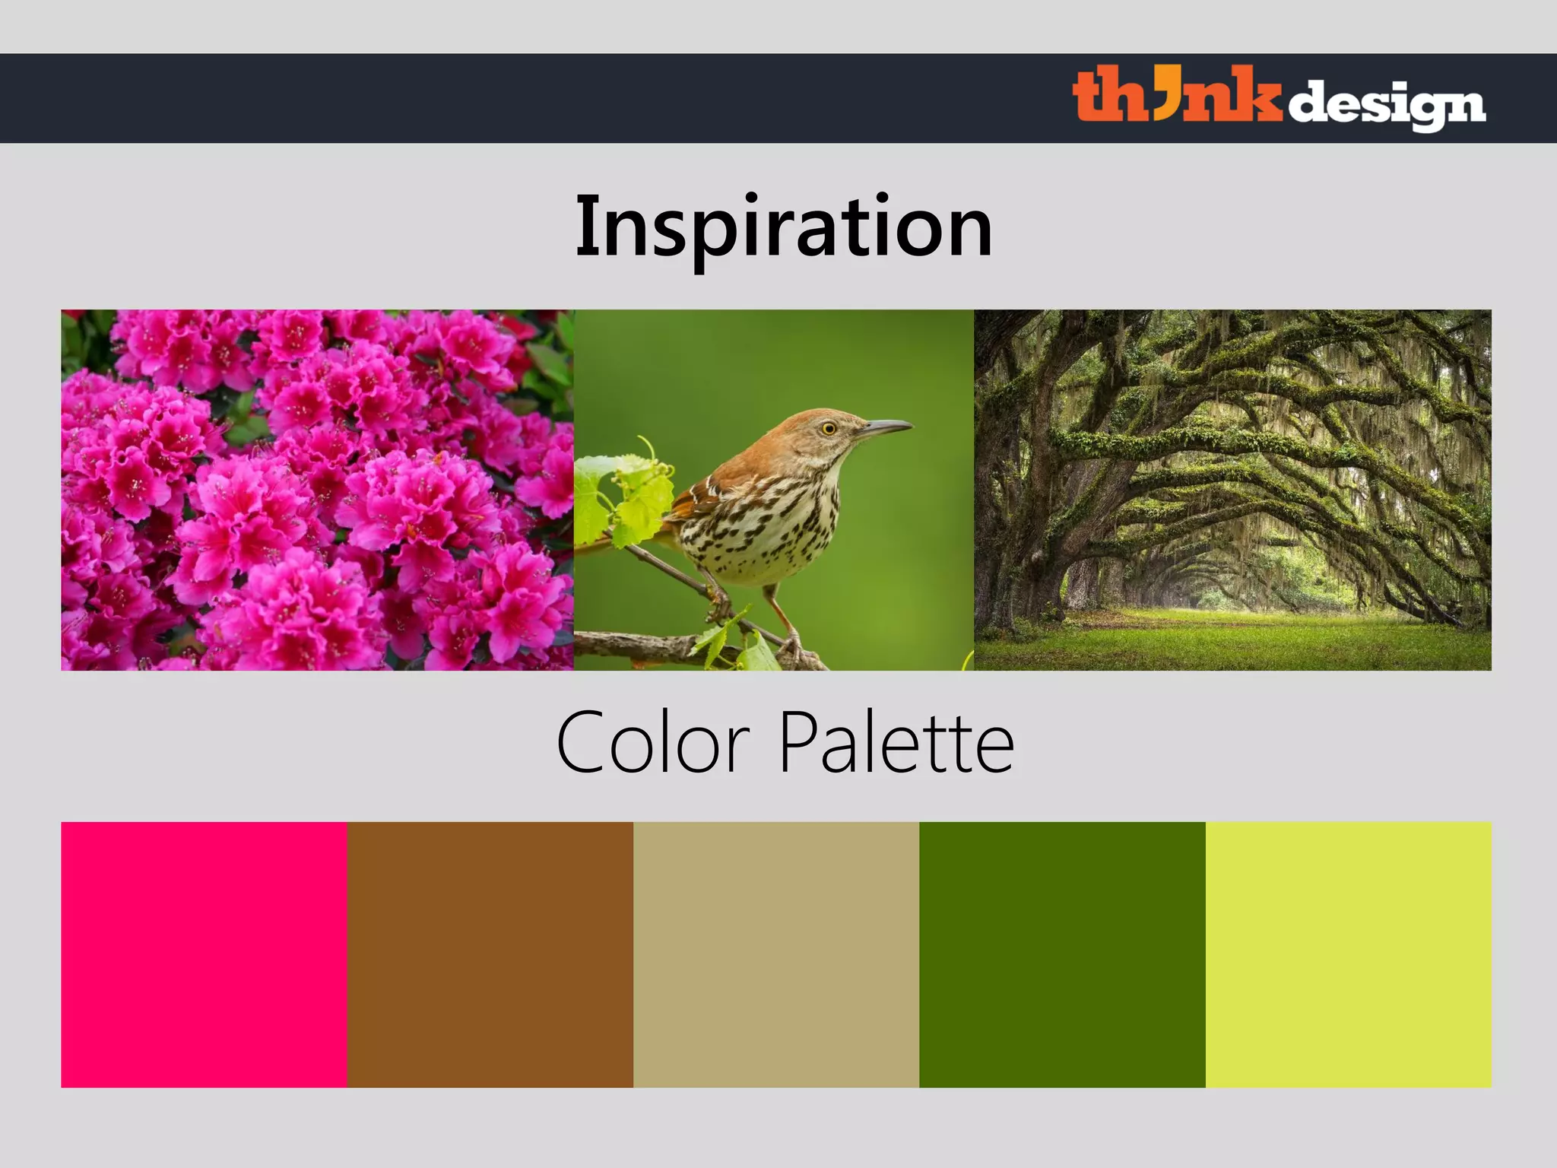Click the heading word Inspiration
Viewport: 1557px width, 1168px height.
click(x=784, y=227)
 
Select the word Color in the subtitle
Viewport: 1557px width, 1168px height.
click(x=653, y=742)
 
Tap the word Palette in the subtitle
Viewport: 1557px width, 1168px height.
click(x=896, y=742)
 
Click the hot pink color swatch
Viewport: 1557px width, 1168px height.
click(x=204, y=954)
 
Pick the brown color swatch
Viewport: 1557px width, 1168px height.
click(x=490, y=954)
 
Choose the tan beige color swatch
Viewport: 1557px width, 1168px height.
click(x=776, y=954)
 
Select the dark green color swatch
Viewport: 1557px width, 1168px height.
click(x=1062, y=954)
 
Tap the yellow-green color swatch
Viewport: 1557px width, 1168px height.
click(x=1348, y=954)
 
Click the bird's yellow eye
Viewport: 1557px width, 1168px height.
click(x=829, y=429)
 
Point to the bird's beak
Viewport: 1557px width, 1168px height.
click(x=886, y=428)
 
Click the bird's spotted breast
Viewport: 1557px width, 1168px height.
click(x=768, y=525)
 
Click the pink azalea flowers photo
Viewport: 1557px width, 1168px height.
click(x=317, y=490)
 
